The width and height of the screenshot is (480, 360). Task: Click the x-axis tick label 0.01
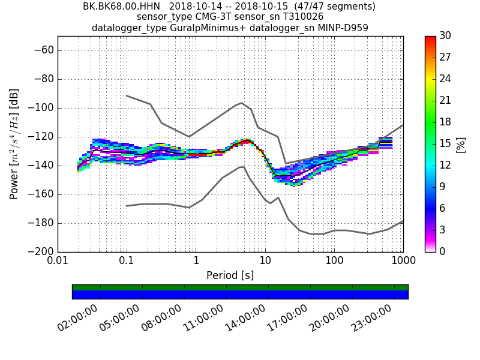coord(58,262)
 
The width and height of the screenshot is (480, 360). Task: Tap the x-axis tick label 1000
coord(403,262)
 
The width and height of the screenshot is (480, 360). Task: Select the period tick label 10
coord(265,262)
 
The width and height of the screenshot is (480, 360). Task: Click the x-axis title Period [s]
coord(230,275)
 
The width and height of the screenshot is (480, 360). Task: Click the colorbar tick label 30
coord(446,36)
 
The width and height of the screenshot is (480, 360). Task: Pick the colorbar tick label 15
coord(446,143)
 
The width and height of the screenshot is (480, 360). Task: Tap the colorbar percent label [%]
coord(461,144)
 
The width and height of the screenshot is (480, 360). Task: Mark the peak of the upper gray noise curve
coord(241,103)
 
